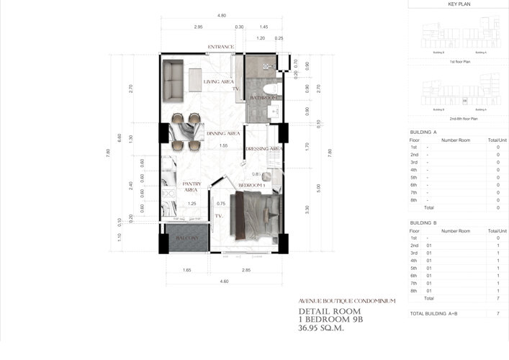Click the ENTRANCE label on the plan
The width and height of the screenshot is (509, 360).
(x=221, y=48)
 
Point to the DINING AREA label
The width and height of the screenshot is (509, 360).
(x=222, y=134)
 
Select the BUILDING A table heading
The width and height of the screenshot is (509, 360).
(x=423, y=132)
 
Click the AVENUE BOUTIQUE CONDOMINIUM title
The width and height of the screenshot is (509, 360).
(x=346, y=301)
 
